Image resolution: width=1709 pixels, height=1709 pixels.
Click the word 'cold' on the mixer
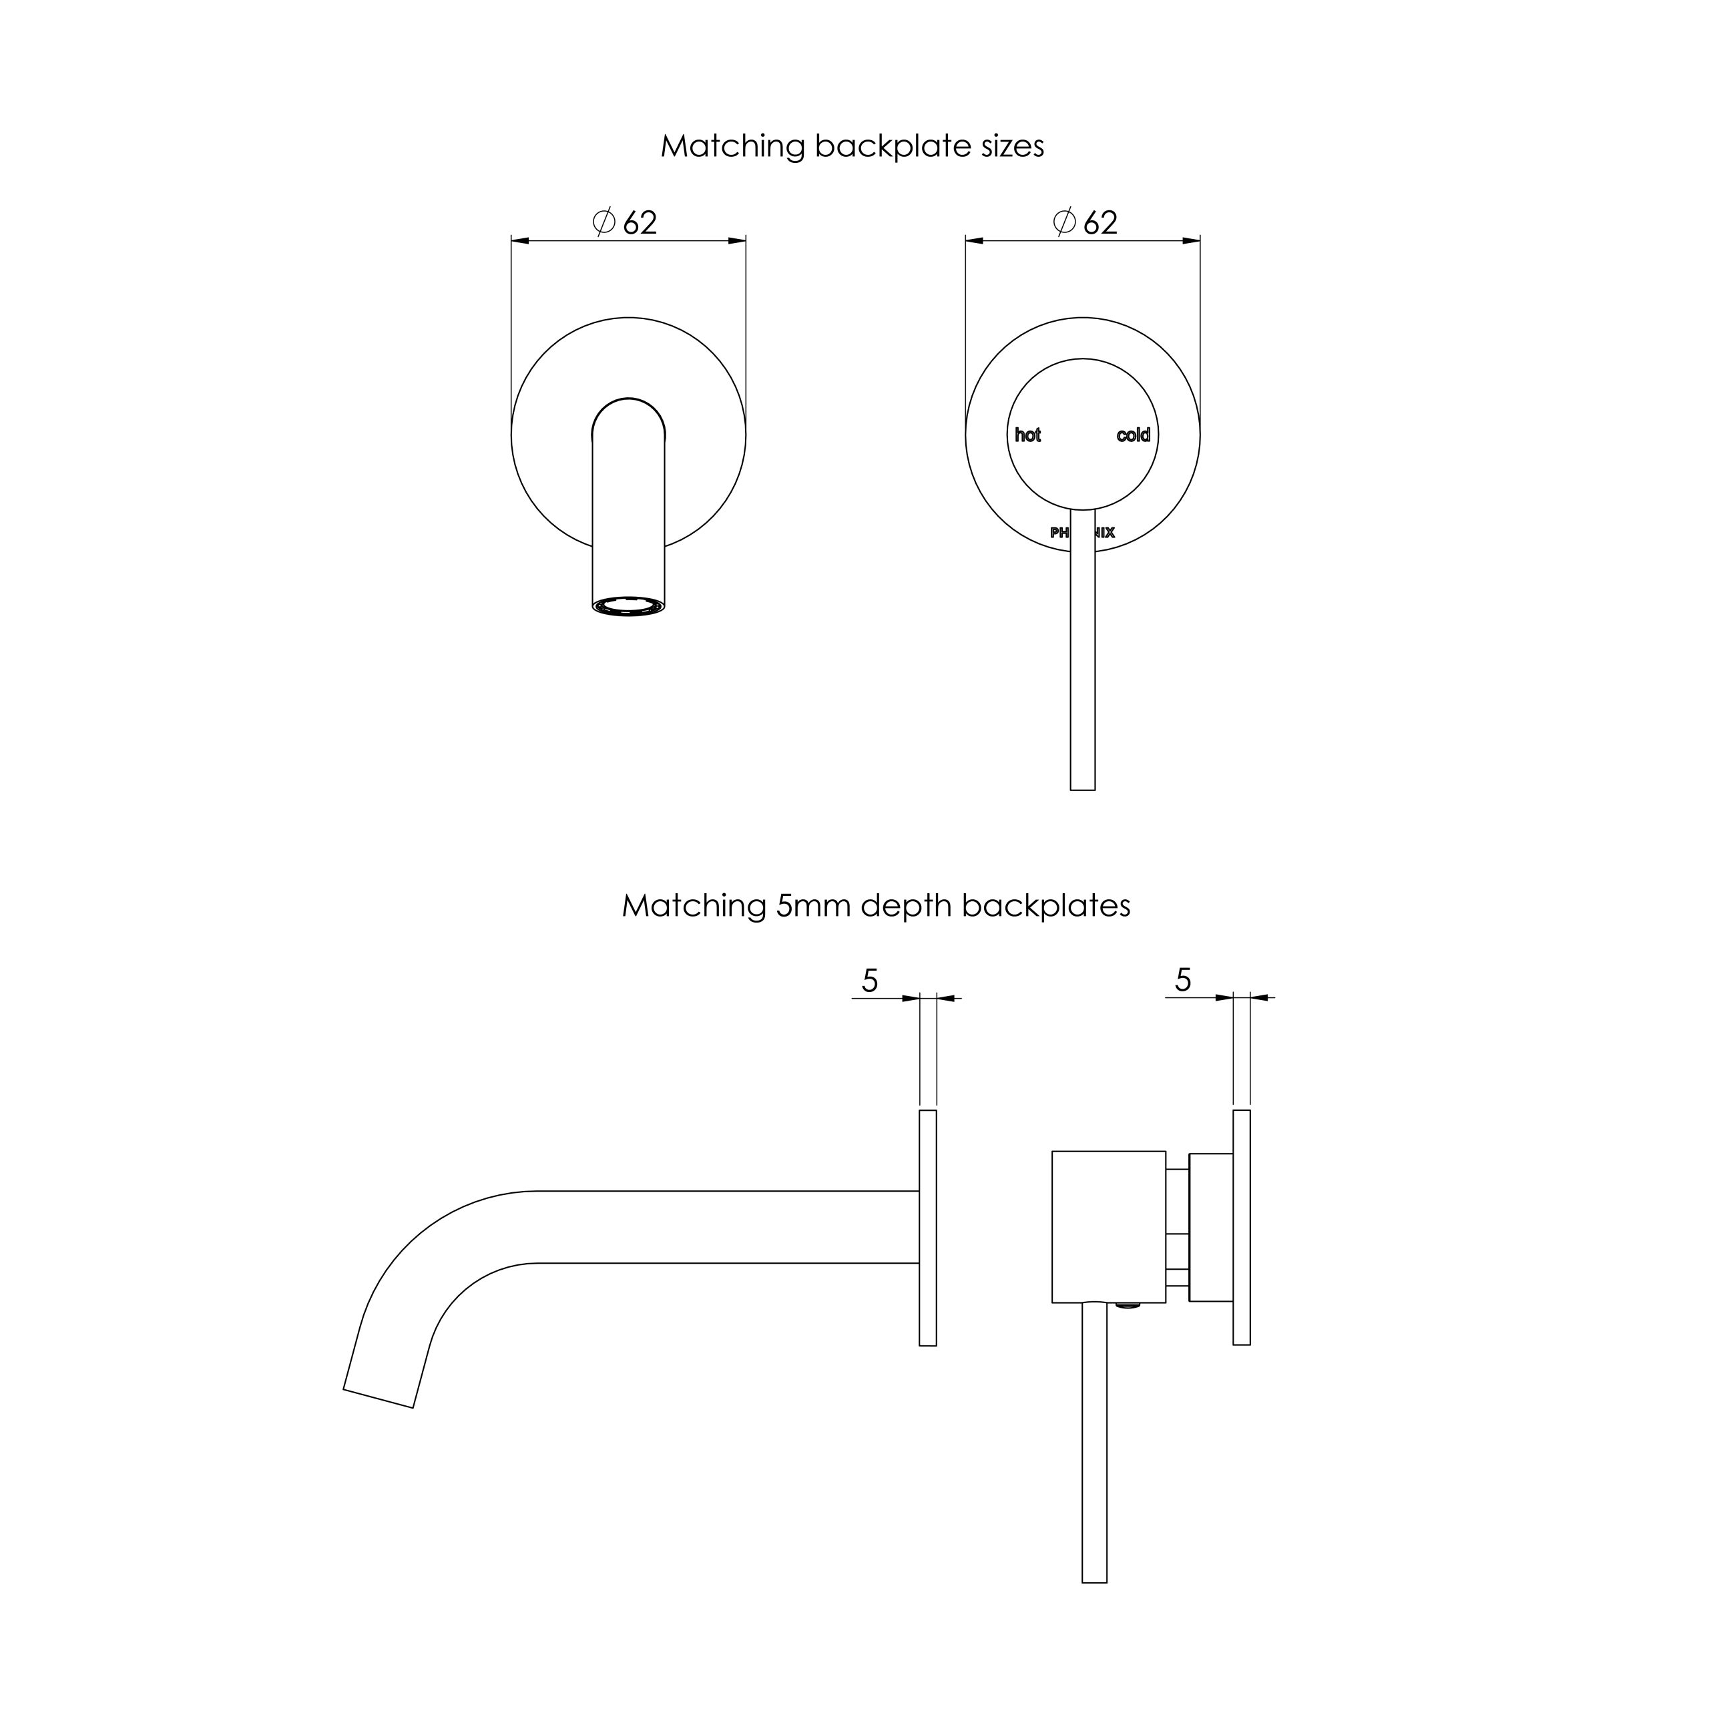coord(1133,435)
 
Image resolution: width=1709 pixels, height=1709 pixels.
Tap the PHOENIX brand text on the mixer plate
coord(1082,533)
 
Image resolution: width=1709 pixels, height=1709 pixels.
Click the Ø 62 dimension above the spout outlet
coord(626,223)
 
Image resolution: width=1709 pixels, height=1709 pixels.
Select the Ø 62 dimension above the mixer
coord(1086,223)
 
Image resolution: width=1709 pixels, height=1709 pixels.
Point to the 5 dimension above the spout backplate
coord(871,981)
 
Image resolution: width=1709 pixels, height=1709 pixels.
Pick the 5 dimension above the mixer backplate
coord(1184,980)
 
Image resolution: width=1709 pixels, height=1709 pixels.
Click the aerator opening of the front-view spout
coord(628,606)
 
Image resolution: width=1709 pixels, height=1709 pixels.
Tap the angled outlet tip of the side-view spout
coord(379,1398)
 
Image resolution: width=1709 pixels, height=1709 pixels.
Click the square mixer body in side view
coord(1108,1226)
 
